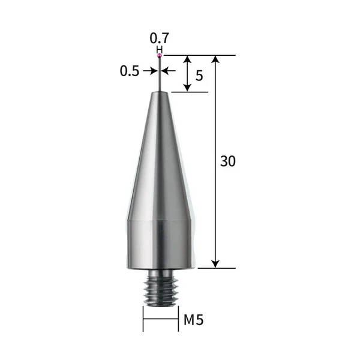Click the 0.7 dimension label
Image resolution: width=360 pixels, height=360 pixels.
pos(159,38)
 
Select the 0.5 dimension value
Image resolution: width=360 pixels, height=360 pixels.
pos(129,71)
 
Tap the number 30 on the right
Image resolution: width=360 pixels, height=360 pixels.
pos(227,161)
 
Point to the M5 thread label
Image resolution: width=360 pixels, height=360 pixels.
pos(193,320)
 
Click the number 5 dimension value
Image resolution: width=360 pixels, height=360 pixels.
pos(200,77)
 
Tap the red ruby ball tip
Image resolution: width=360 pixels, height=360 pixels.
pos(160,55)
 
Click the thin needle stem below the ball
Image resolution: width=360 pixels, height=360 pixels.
pos(160,75)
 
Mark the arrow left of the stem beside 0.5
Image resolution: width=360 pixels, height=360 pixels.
pos(150,71)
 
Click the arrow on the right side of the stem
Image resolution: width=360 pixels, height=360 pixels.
pos(169,71)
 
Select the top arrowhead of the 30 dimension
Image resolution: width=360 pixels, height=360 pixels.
pos(216,60)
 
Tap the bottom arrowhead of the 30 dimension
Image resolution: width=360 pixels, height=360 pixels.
pos(216,263)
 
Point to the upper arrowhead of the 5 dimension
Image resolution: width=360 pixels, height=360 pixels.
pos(188,60)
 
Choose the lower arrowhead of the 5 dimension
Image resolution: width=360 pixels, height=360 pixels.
pos(188,87)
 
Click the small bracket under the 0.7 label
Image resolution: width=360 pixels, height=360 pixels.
pos(159,49)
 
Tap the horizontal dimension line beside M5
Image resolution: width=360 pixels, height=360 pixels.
pos(160,319)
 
